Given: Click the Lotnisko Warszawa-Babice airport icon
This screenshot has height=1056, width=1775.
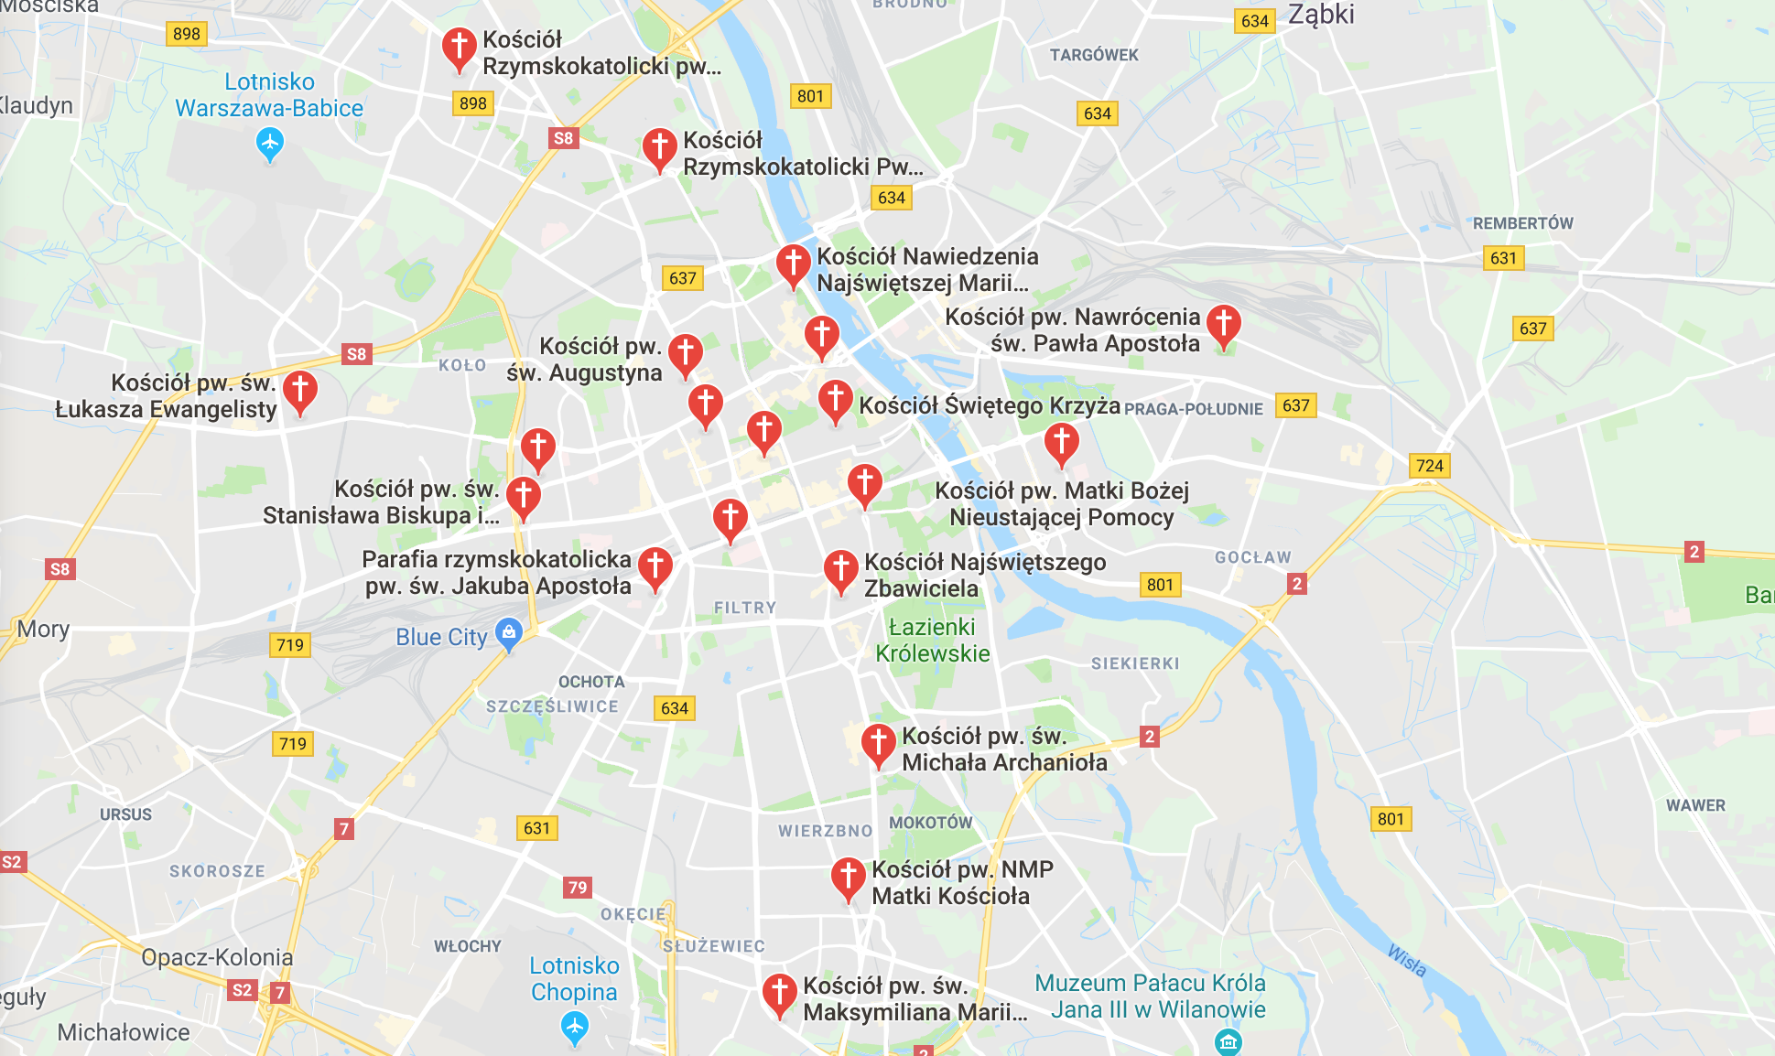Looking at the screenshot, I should [x=269, y=143].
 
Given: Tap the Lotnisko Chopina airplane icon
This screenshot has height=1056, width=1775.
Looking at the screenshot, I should [x=574, y=1028].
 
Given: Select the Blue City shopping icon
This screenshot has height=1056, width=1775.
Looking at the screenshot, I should [x=508, y=631].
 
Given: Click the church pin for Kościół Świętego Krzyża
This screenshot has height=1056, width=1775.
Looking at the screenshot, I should [x=835, y=400].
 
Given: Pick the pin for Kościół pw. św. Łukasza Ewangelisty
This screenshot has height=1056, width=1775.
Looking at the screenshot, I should [x=299, y=391].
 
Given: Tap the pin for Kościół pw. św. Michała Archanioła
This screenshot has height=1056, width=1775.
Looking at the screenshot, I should [x=878, y=743].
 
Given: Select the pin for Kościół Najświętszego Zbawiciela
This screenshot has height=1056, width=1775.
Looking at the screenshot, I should [x=840, y=569].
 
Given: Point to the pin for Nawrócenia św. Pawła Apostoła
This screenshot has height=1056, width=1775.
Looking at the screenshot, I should [x=1223, y=324].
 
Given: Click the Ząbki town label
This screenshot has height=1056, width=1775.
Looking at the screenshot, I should [x=1320, y=15].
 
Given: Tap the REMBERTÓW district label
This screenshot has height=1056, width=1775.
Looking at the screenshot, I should [x=1522, y=223].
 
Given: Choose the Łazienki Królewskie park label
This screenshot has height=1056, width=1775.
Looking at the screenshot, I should [x=932, y=640].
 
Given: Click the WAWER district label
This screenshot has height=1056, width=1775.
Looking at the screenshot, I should [x=1695, y=805].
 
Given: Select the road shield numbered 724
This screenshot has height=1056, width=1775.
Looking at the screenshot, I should [x=1429, y=466].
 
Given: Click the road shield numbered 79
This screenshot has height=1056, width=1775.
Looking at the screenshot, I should [x=577, y=887].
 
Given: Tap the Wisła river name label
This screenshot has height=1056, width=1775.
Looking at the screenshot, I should [x=1406, y=961].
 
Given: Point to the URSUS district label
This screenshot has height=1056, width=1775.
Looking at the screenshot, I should [x=125, y=814].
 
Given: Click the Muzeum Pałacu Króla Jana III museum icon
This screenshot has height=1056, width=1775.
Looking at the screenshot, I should [x=1228, y=1041].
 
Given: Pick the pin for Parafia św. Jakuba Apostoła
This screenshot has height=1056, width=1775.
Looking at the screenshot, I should [x=655, y=566].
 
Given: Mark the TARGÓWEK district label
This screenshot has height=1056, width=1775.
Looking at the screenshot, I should [x=1094, y=55].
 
